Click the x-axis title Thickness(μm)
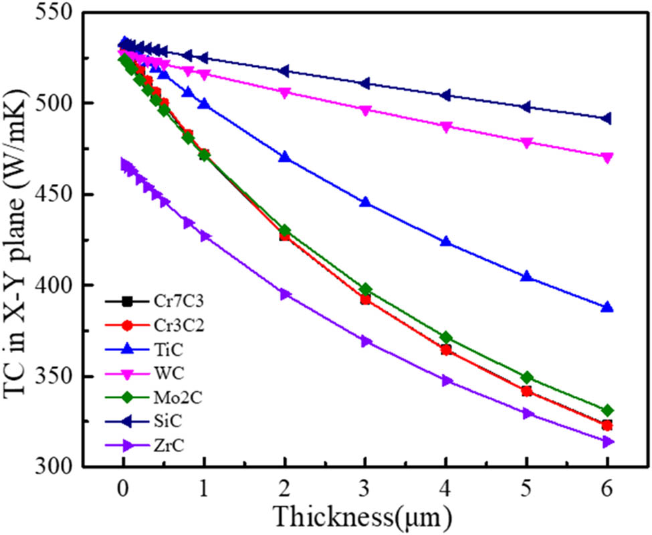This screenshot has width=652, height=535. (x=365, y=516)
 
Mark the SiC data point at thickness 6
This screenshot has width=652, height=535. (x=607, y=118)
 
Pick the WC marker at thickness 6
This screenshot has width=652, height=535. (x=607, y=157)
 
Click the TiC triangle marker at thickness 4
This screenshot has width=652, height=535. (x=446, y=242)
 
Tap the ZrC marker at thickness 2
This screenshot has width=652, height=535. (x=285, y=294)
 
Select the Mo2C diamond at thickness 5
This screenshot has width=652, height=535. (x=527, y=378)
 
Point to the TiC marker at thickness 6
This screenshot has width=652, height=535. (x=607, y=308)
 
